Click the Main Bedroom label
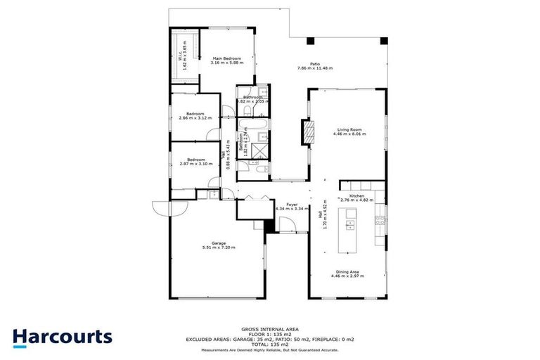pyautogui.click(x=226, y=58)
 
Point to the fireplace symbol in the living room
pyautogui.click(x=307, y=131)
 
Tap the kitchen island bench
pyautogui.click(x=349, y=231)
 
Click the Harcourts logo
pyautogui.click(x=63, y=337)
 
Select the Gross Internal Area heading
pyautogui.click(x=270, y=328)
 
